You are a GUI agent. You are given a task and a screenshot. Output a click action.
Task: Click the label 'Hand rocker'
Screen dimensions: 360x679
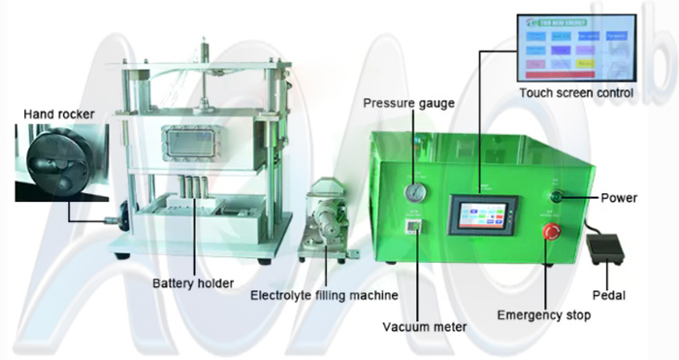coord(59,115)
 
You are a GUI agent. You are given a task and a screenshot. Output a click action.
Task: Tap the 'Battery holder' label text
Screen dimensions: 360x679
coord(192,284)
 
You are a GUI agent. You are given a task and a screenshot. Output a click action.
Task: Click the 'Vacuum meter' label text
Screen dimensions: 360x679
coord(424,327)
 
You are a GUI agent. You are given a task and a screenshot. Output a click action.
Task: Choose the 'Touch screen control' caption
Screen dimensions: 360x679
coord(576,93)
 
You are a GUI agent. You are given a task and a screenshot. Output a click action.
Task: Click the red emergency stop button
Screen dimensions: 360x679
coord(551,232)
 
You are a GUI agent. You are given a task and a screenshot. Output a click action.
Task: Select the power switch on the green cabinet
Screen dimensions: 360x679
coord(556,198)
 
